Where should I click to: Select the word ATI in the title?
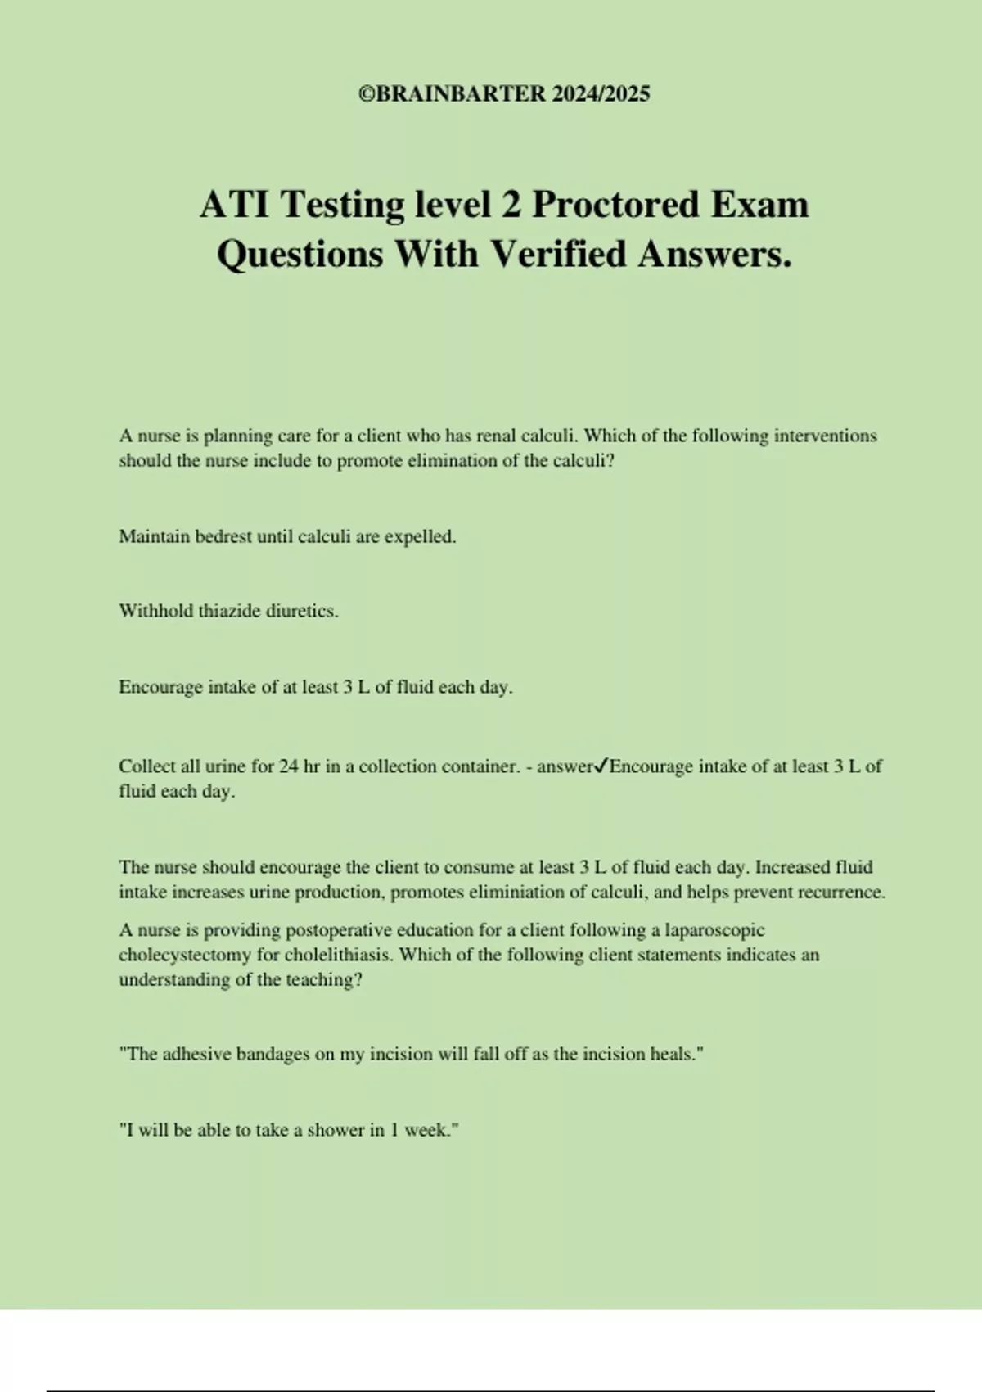(234, 205)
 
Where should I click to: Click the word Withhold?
(156, 611)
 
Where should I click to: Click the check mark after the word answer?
(601, 766)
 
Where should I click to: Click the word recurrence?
(842, 893)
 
